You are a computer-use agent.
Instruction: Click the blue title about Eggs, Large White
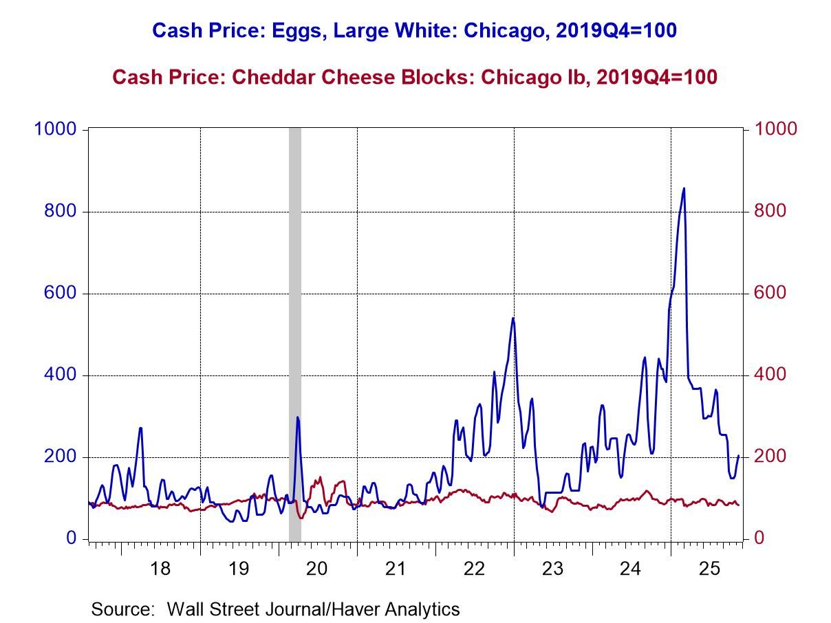point(414,30)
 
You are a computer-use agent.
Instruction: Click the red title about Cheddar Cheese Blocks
point(414,76)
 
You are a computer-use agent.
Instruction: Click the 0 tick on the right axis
point(760,538)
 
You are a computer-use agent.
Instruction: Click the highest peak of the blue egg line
point(683,188)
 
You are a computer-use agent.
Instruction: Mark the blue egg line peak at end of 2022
point(513,318)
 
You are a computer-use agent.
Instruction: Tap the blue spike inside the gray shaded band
point(297,417)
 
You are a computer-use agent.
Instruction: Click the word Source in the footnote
point(122,609)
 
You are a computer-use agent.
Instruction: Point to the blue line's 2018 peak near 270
point(140,428)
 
